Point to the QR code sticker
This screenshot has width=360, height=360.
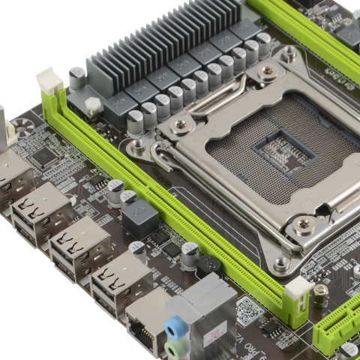click(x=249, y=309)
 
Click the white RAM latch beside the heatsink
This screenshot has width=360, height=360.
click(x=49, y=80)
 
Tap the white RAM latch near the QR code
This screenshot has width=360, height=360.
click(x=298, y=290)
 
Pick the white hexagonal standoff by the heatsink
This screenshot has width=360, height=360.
click(x=94, y=106)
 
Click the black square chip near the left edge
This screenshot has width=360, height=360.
click(x=45, y=156)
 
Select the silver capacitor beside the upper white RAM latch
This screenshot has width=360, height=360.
click(x=76, y=77)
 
